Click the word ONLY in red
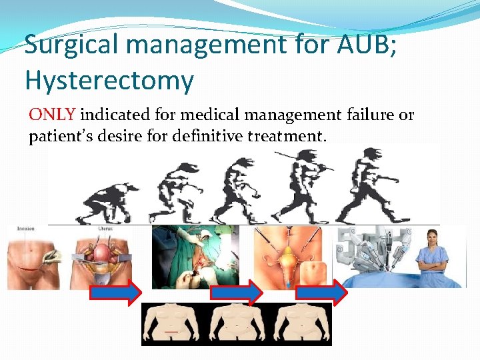pos(53,115)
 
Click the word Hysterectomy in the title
pos(109,81)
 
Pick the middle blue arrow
pos(235,292)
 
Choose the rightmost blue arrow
pos(321,292)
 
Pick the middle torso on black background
pos(237,324)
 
